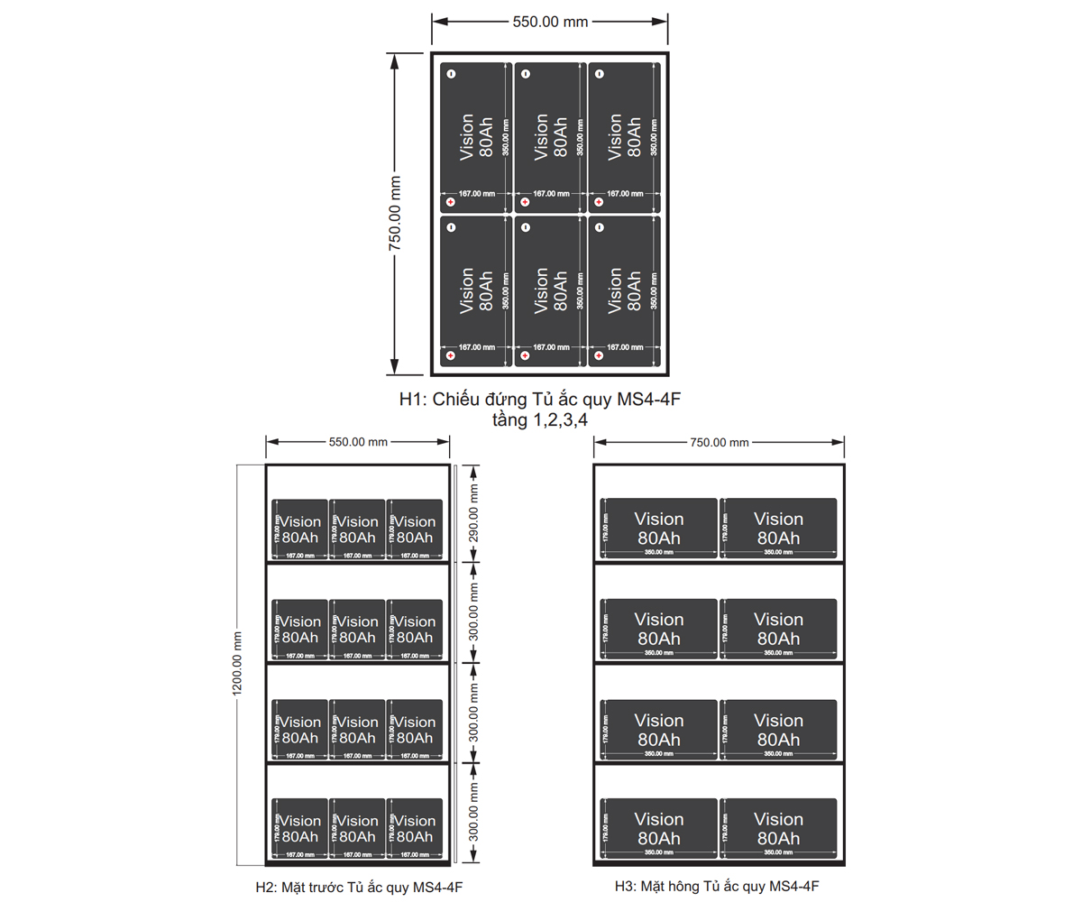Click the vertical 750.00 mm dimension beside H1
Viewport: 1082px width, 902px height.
pos(395,213)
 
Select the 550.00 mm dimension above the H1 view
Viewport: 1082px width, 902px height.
pos(550,22)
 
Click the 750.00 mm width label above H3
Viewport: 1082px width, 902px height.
pos(720,442)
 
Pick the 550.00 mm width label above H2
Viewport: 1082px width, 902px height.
pos(358,442)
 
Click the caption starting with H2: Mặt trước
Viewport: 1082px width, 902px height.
pos(359,887)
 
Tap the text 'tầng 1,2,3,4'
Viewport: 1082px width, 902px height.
pos(540,419)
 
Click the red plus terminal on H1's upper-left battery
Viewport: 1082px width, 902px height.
pos(451,203)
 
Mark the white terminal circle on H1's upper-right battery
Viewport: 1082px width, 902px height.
pos(599,73)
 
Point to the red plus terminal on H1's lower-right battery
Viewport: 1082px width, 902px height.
pos(599,356)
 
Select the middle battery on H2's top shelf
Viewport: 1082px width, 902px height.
pos(358,529)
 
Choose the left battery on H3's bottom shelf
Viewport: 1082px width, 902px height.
pos(659,828)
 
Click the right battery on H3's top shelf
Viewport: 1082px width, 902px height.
pos(778,528)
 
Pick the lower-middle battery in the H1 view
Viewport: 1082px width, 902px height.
pos(550,290)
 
